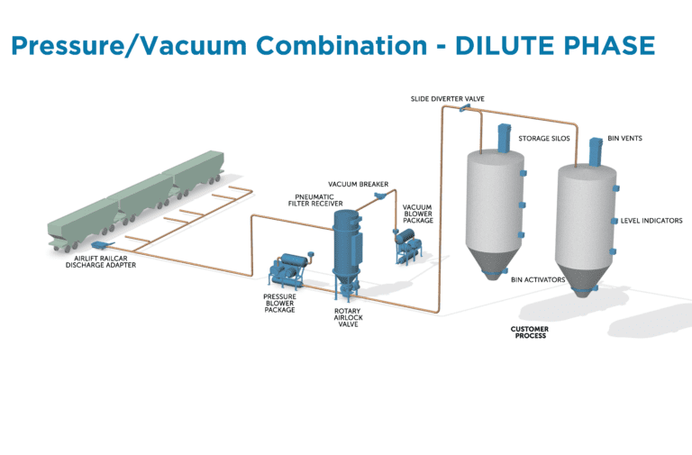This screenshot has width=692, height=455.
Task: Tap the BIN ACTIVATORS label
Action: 538,279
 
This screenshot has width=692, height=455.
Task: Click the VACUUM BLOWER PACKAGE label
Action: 417,213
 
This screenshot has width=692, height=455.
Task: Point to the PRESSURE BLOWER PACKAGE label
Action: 279,304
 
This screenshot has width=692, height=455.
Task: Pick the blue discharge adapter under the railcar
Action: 101,243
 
